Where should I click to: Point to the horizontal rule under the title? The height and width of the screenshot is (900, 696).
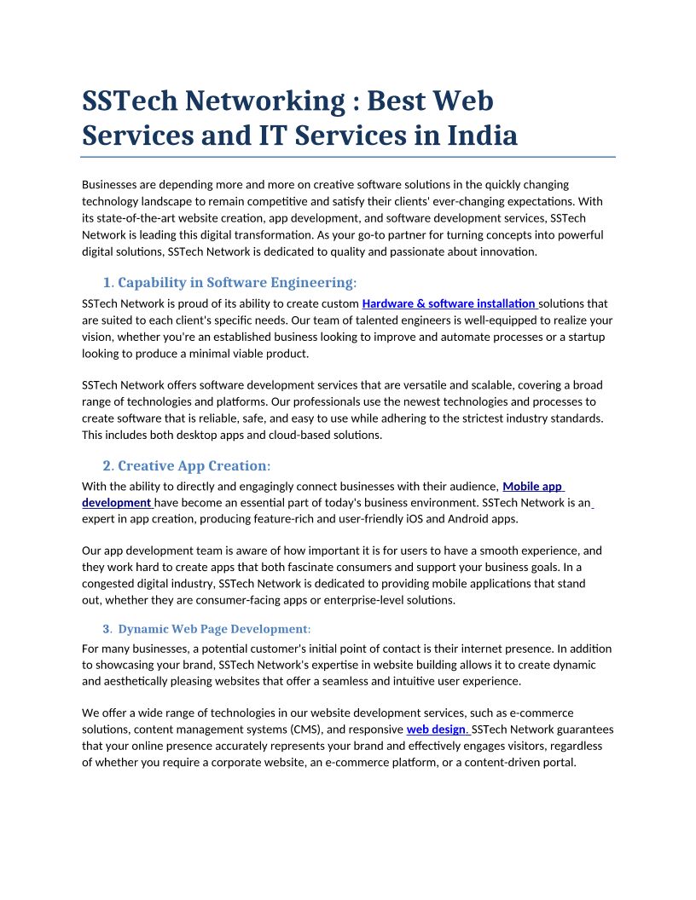point(348,157)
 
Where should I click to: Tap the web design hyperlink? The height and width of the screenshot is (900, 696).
point(437,730)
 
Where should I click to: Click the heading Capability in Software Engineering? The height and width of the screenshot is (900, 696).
point(235,282)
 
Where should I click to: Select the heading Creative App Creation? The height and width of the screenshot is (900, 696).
point(192,465)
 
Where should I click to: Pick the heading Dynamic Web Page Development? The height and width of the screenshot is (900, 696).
point(212,629)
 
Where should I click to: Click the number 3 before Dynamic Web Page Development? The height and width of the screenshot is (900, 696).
point(106,629)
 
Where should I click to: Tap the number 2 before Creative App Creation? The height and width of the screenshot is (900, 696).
point(107,465)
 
